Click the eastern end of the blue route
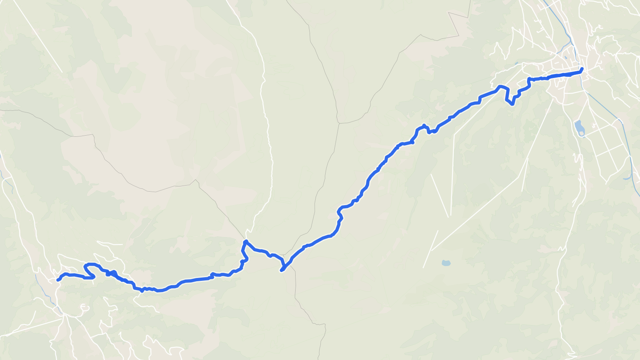point(582,69)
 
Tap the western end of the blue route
point(58,280)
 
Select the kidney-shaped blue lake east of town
point(579,127)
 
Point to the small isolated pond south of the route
point(446,263)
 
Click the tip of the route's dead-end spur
point(282,271)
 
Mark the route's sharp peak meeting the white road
point(246,241)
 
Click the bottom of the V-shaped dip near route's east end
point(512,104)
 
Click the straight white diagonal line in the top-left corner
point(38,36)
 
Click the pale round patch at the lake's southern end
point(581,134)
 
